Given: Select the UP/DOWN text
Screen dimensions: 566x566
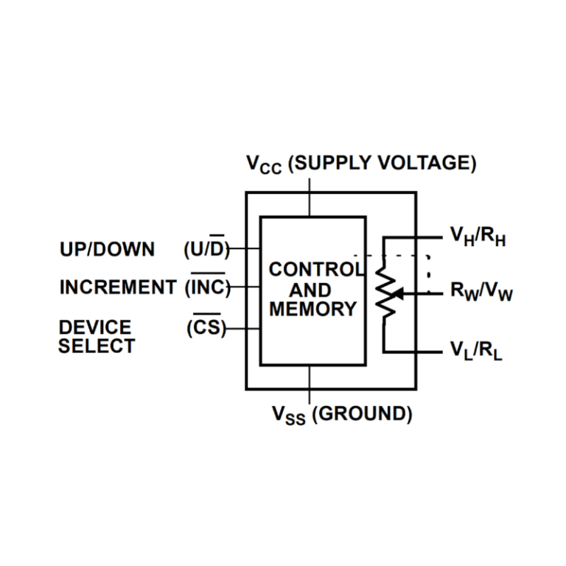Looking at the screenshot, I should (x=107, y=250).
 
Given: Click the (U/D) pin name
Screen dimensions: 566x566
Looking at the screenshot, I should (x=206, y=250).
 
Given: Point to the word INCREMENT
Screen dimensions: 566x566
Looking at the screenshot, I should (x=118, y=287).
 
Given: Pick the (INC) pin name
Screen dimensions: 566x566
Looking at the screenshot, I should (x=209, y=287).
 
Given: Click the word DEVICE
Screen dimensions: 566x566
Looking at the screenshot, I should (x=95, y=326).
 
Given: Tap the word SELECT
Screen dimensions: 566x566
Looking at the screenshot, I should (x=97, y=346).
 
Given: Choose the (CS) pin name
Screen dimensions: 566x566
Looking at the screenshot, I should (x=206, y=327).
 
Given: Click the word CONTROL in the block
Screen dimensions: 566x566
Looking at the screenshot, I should (x=315, y=270).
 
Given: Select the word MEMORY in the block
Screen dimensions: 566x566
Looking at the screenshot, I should (x=312, y=309).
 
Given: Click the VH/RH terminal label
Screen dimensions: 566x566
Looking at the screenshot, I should (x=478, y=237).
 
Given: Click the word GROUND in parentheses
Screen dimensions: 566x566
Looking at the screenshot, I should (x=361, y=414).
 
